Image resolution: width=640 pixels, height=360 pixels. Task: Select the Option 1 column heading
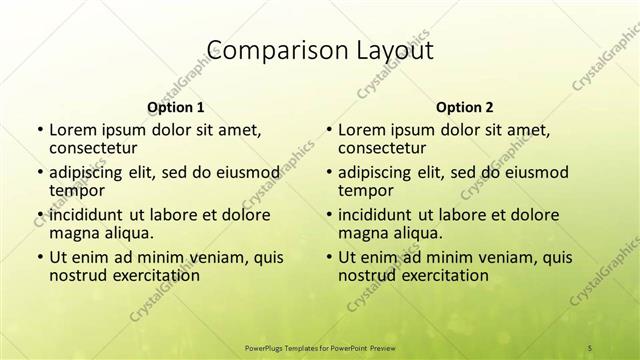pyautogui.click(x=175, y=106)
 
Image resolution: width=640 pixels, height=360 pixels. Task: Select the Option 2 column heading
pyautogui.click(x=464, y=106)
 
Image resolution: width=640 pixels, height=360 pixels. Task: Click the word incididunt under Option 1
pyautogui.click(x=86, y=214)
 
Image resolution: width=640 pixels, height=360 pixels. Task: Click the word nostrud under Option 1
pyautogui.click(x=81, y=275)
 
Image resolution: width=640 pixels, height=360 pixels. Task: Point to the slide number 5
pyautogui.click(x=590, y=346)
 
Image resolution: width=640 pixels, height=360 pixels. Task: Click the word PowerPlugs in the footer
pyautogui.click(x=267, y=346)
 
